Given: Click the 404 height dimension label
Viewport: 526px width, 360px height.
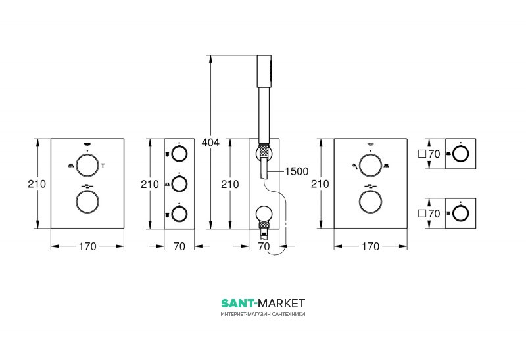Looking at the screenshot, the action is [x=210, y=142].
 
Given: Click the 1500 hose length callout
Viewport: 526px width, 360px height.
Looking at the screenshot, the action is [x=297, y=171].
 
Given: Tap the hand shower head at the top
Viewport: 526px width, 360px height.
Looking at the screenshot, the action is [x=264, y=71].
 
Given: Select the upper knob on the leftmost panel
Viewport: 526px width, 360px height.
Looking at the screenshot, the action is [x=87, y=166].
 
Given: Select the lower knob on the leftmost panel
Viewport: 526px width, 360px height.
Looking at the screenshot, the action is [x=87, y=202].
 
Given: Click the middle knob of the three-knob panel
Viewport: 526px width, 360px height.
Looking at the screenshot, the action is [x=179, y=184].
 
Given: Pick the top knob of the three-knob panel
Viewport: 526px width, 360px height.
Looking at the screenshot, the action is [x=179, y=154].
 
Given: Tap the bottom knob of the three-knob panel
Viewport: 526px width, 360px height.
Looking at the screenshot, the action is [x=179, y=214].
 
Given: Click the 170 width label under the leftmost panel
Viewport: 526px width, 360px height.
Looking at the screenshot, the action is [x=87, y=246].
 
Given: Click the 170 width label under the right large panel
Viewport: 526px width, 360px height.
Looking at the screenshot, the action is [x=370, y=246].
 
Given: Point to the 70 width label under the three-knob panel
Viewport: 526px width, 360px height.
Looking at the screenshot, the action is [x=179, y=246].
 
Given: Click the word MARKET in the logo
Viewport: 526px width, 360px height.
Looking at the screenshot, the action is [x=282, y=304].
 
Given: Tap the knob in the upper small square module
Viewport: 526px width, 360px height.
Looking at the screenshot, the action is [x=461, y=154].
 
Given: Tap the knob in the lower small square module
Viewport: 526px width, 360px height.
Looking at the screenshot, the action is [x=461, y=214].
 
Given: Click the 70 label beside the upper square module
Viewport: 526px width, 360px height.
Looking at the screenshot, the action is [x=434, y=154].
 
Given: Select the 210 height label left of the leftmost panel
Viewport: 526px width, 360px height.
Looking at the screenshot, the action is [x=37, y=184].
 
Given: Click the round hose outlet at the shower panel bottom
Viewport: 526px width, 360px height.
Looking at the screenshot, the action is [x=264, y=214].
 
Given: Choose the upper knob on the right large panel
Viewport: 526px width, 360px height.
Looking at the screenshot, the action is [x=370, y=166].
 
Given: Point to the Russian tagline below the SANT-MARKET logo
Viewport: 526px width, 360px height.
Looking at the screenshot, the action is [x=263, y=314].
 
